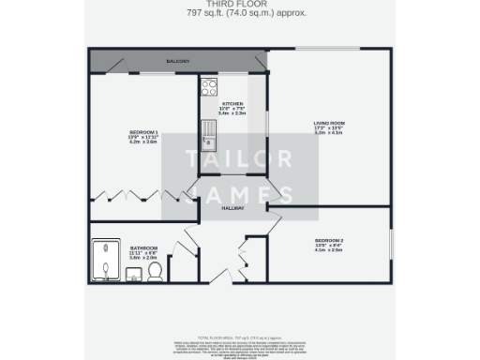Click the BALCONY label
click(x=178, y=62)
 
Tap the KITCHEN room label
click(x=233, y=103)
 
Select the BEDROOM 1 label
click(x=143, y=132)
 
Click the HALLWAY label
click(x=233, y=208)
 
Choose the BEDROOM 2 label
click(x=329, y=242)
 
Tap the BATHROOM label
click(x=143, y=247)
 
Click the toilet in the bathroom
click(x=157, y=271)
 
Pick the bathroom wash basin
click(x=133, y=273)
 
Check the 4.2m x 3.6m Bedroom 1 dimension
click(x=143, y=142)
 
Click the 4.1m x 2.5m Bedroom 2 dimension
click(x=329, y=252)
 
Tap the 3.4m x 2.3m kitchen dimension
click(x=233, y=113)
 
